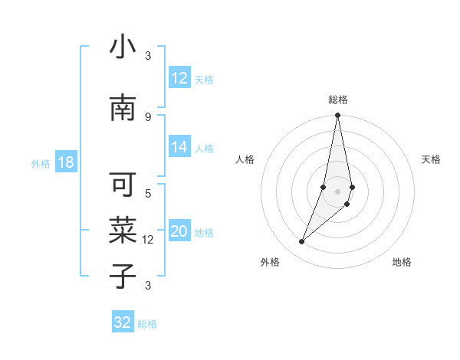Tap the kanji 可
coord(123,185)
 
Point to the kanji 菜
coord(123,230)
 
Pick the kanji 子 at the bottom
coord(123,276)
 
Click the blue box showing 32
coord(123,322)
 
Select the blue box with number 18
coord(65,162)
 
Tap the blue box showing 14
coord(179,147)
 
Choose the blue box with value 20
coord(179,232)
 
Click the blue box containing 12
coord(179,78)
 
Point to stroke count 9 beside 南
coord(148,116)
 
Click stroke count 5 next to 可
coord(148,193)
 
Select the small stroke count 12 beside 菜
coord(148,240)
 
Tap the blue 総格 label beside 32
coord(147,324)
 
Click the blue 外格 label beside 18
coord(41,163)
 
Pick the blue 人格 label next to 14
coord(204,148)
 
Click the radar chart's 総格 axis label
coord(338,100)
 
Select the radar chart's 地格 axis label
coord(402,262)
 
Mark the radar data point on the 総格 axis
coord(337,116)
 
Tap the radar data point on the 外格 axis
coord(301,242)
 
